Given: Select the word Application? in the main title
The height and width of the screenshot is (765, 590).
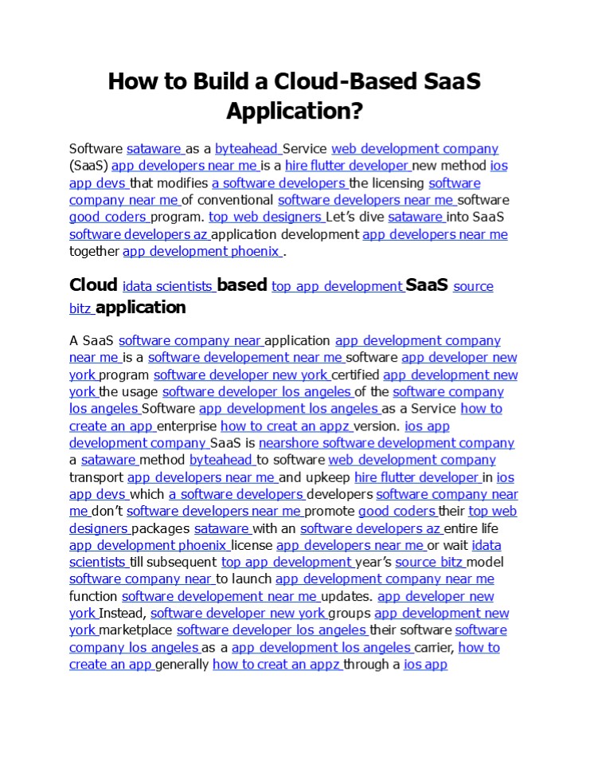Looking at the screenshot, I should [x=294, y=110].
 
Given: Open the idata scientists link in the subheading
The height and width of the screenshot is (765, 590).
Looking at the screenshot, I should [x=168, y=286].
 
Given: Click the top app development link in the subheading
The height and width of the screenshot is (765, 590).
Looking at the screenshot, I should [x=337, y=286].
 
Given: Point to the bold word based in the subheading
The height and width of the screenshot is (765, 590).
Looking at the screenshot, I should [x=242, y=285].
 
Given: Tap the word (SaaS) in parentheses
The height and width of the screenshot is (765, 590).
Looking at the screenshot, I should [x=88, y=166].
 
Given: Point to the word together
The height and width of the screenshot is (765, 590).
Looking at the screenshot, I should [x=94, y=251].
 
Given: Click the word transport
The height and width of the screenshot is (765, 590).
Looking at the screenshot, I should [x=96, y=477].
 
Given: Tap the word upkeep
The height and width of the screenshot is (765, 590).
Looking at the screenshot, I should [x=326, y=477].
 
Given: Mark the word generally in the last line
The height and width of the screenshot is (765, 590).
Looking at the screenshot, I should [x=182, y=665].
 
